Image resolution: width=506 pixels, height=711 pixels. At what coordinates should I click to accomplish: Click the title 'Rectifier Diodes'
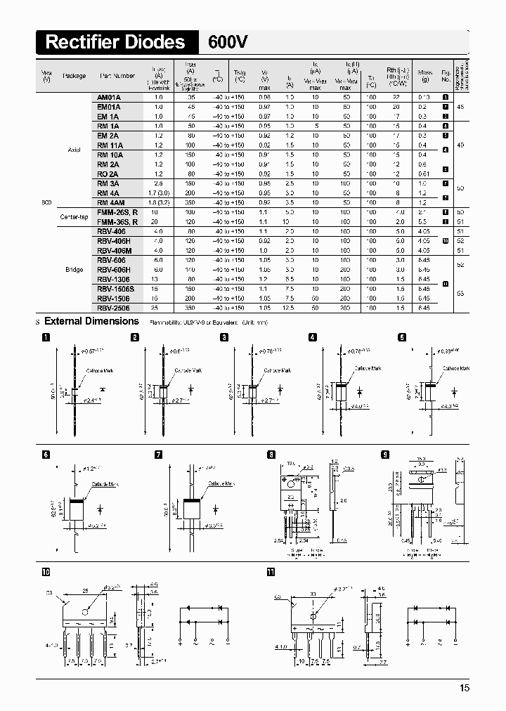[x=115, y=42]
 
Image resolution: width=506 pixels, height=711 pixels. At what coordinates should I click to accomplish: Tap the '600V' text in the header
[x=227, y=42]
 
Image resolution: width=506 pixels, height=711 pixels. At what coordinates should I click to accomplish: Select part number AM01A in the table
[x=109, y=96]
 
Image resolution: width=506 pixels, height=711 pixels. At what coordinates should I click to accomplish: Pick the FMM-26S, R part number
[x=117, y=211]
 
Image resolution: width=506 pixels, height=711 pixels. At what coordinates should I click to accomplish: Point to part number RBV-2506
[x=112, y=307]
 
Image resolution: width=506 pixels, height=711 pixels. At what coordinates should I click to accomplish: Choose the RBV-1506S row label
[x=113, y=288]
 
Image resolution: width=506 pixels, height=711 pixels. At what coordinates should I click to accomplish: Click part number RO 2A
[x=108, y=174]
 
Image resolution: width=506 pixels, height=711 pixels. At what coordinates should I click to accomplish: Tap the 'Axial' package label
[x=74, y=150]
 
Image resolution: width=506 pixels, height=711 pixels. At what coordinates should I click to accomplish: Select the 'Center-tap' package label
[x=72, y=216]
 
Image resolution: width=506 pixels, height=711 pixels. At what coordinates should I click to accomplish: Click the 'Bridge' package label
[x=74, y=268]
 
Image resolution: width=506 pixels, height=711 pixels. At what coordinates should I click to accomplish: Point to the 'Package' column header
[x=74, y=76]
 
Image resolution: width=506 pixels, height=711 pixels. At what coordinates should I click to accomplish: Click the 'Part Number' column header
[x=117, y=76]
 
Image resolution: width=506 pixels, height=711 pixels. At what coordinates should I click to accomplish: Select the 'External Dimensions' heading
[x=91, y=321]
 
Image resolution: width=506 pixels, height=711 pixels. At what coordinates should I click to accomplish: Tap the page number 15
[x=465, y=688]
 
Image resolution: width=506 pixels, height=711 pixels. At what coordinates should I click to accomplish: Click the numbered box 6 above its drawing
[x=46, y=455]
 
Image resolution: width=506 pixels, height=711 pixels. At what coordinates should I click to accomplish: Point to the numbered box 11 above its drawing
[x=271, y=571]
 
